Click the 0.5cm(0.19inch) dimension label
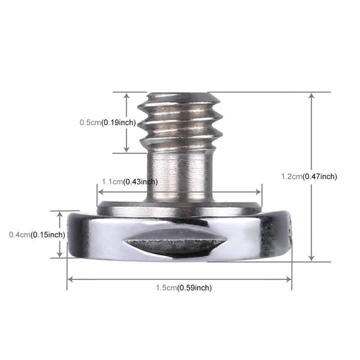click(x=107, y=122)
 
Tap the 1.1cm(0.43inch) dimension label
click(x=129, y=182)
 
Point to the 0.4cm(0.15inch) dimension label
click(x=36, y=234)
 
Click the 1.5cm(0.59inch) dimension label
click(x=183, y=287)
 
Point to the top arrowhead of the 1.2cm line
click(x=311, y=96)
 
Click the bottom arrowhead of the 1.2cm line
click(x=311, y=257)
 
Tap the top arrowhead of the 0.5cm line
click(x=126, y=96)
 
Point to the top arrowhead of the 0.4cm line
click(x=59, y=215)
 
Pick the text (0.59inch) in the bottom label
click(x=194, y=287)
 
